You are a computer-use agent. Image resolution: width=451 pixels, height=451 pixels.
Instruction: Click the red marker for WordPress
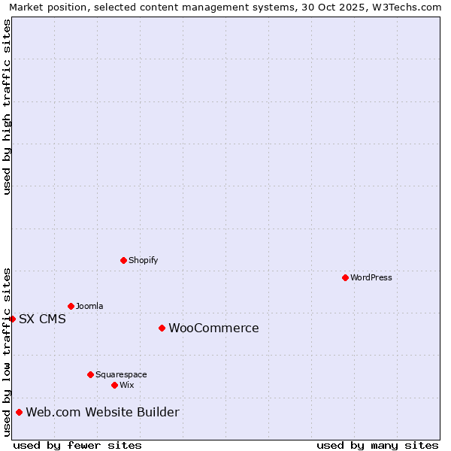point(345,277)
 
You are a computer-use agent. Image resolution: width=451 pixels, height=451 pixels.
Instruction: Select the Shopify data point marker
point(123,260)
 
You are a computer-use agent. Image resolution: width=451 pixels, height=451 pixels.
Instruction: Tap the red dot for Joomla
point(71,306)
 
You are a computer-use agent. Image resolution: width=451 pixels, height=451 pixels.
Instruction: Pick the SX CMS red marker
point(12,319)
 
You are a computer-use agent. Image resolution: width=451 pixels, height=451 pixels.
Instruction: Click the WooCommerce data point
point(162,328)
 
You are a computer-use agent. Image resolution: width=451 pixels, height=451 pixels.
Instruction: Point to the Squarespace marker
point(90,374)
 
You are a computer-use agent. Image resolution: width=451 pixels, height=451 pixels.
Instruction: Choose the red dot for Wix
point(114,385)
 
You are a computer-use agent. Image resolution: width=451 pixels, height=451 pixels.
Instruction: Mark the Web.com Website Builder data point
point(19,412)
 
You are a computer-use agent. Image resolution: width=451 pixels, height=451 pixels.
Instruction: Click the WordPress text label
point(371,277)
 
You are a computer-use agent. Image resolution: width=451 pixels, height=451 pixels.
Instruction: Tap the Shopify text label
point(143,260)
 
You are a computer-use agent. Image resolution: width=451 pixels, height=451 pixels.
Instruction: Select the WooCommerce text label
point(213,328)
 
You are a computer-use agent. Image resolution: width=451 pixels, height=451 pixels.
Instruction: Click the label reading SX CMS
point(42,319)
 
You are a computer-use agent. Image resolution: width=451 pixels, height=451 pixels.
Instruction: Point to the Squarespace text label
point(121,374)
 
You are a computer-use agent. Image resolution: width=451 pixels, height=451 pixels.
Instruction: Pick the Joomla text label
point(89,306)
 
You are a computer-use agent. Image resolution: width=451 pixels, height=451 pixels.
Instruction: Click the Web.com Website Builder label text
point(102,412)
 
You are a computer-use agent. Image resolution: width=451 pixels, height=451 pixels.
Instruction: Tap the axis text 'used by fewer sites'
point(77,445)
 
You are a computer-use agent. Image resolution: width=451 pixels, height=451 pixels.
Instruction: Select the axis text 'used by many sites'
point(377,445)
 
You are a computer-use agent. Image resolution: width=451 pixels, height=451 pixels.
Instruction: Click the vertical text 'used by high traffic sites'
point(7,107)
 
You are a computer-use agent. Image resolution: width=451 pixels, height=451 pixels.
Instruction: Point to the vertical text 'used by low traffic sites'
point(7,352)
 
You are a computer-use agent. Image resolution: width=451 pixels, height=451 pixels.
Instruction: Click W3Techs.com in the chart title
point(408,7)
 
